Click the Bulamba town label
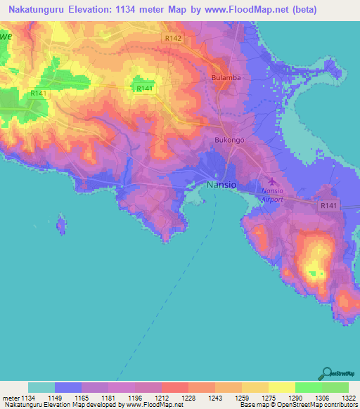(x=226, y=77)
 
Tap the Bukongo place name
(x=229, y=140)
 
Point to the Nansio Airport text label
(x=272, y=195)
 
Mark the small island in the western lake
(x=61, y=226)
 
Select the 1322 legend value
(x=349, y=398)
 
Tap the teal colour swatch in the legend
(x=41, y=387)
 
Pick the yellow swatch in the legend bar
(x=282, y=387)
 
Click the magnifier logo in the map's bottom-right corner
(x=326, y=373)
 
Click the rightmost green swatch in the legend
(x=335, y=387)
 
